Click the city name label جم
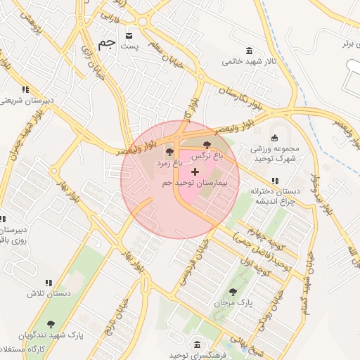[106, 44]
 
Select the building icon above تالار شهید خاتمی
[250, 50]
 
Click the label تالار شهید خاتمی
[250, 61]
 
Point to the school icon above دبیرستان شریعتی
[26, 89]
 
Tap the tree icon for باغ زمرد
[169, 151]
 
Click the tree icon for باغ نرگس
[206, 144]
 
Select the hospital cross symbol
[195, 172]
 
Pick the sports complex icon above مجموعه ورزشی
[275, 138]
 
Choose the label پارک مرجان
[232, 303]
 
